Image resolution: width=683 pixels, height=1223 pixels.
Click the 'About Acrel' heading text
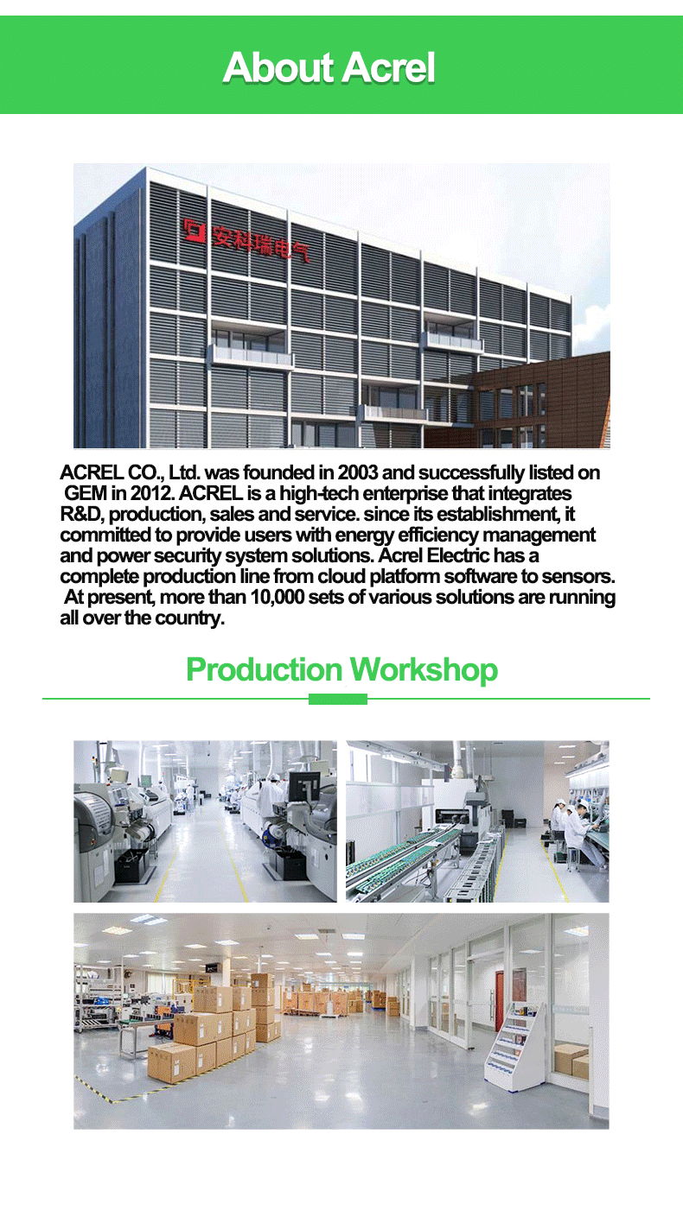click(x=329, y=67)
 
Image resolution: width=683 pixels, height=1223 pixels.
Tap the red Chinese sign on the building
click(x=246, y=240)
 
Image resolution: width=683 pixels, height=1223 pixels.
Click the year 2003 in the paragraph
click(x=358, y=472)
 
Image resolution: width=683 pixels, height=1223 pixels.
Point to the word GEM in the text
click(x=86, y=493)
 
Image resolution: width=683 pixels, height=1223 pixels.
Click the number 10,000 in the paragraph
click(x=277, y=598)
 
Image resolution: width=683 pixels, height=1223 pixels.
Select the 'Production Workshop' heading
click(x=342, y=669)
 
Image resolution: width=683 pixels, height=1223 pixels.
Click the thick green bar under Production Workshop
click(x=338, y=699)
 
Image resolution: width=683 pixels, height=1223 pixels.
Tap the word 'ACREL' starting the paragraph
click(x=92, y=472)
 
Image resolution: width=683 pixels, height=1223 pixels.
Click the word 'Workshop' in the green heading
click(x=424, y=669)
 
